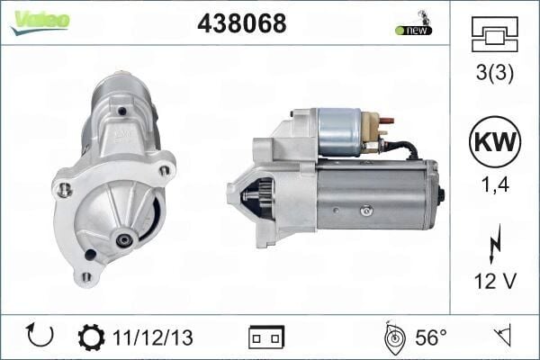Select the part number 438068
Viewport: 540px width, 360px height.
pyautogui.click(x=241, y=24)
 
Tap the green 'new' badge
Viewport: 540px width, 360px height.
pyautogui.click(x=413, y=30)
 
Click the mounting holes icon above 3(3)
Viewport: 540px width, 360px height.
pyautogui.click(x=494, y=36)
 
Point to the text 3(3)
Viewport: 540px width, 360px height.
pyautogui.click(x=494, y=74)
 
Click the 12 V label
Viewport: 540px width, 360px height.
pyautogui.click(x=494, y=281)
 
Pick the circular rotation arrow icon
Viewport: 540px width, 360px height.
pyautogui.click(x=40, y=337)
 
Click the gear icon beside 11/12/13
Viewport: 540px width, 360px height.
pyautogui.click(x=91, y=337)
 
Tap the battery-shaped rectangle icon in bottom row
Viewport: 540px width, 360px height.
pyautogui.click(x=266, y=337)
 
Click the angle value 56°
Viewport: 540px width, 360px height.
pyautogui.click(x=430, y=337)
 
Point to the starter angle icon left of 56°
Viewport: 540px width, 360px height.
pyautogui.click(x=392, y=337)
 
